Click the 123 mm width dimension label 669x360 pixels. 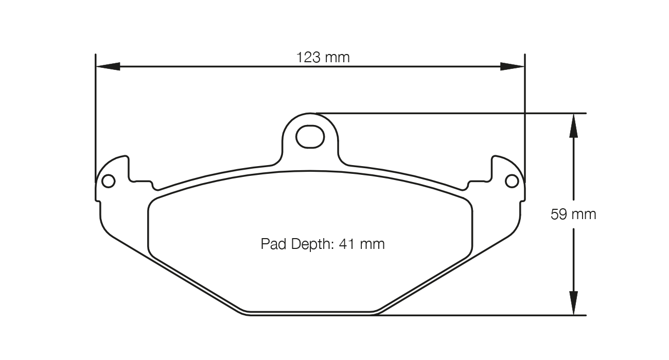click(323, 57)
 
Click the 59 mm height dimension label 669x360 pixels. click(573, 214)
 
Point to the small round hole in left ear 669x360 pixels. click(108, 181)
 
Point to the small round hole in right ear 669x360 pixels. click(512, 181)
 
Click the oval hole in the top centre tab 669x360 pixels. click(310, 136)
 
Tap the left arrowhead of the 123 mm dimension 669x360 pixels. click(108, 66)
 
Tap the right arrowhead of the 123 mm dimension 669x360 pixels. click(513, 66)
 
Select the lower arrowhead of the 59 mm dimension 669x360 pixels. click(573, 303)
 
